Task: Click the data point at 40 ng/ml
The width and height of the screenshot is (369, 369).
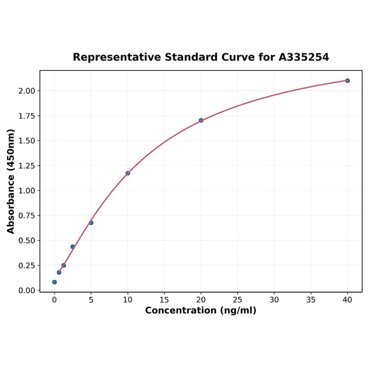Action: (x=347, y=81)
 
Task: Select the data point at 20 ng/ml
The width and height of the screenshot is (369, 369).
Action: (x=201, y=120)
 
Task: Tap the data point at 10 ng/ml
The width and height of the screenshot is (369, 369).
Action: (x=128, y=173)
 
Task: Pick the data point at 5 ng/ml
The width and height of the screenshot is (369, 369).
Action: (x=91, y=223)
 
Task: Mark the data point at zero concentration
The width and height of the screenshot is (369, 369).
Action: (x=54, y=282)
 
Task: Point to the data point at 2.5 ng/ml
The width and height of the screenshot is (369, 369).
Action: (x=72, y=247)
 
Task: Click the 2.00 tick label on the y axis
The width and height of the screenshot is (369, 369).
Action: (x=27, y=91)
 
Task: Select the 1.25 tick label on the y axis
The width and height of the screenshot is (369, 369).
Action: (x=27, y=166)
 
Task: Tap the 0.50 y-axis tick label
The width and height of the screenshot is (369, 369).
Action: (x=27, y=241)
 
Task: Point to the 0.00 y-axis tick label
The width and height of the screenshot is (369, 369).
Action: (x=27, y=290)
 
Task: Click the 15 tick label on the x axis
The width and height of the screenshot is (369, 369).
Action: (x=164, y=300)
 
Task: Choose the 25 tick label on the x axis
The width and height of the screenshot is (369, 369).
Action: (x=238, y=300)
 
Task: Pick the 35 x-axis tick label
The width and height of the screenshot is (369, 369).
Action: (x=311, y=300)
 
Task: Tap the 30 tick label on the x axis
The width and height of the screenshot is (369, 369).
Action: (x=274, y=300)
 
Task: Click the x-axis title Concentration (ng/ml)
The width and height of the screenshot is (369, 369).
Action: (x=201, y=311)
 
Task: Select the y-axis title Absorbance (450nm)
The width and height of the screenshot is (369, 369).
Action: (x=11, y=181)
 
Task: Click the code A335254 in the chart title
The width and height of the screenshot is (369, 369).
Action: (x=304, y=57)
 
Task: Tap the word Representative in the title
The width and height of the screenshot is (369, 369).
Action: (x=116, y=57)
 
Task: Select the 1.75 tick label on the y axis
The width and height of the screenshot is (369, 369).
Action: (x=27, y=116)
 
